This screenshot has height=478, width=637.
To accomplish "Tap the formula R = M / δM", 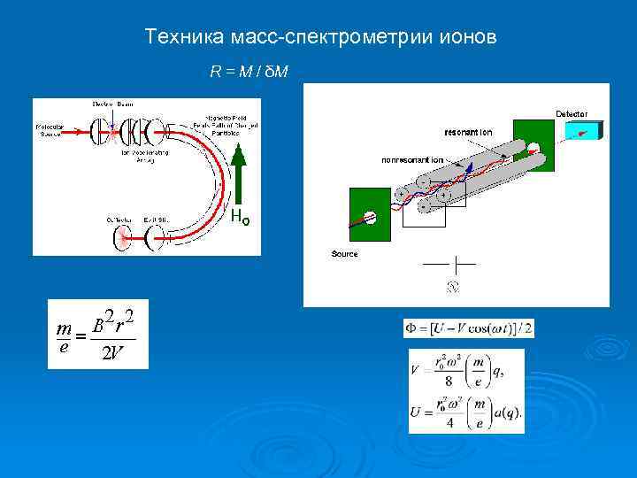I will coord(249,70).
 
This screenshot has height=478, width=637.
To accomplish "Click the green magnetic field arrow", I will coord(239,177).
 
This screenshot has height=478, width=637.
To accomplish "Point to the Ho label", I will coord(240,216).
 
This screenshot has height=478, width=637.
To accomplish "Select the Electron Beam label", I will coord(112,104).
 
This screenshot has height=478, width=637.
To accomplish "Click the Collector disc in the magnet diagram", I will coord(121,237).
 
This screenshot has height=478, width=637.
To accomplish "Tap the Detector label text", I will coord(571,112).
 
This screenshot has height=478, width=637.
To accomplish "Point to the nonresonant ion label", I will coord(412,160).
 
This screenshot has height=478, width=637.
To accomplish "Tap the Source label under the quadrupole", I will coord(344,254).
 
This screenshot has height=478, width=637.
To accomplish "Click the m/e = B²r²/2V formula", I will coord(97,334).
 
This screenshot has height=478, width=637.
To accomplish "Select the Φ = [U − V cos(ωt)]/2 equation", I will coord(468,328).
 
